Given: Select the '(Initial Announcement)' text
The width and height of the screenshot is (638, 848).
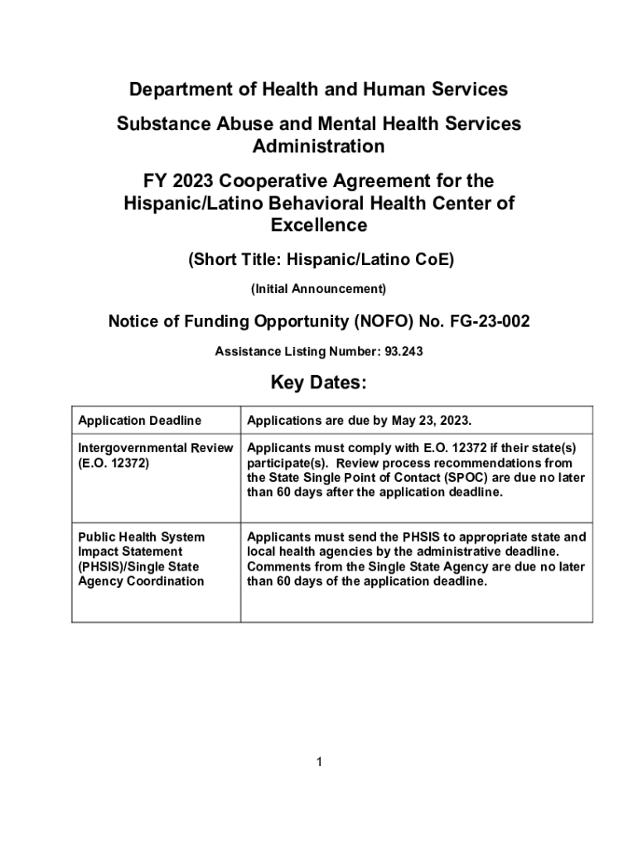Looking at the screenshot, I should [319, 290].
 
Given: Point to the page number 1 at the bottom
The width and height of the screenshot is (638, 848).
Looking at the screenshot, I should [318, 762].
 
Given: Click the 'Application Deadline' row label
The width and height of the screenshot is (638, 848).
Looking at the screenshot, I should [139, 421].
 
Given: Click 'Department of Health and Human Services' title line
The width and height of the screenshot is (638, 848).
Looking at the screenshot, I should [319, 89].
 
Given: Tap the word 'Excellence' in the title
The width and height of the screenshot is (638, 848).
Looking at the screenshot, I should [319, 225].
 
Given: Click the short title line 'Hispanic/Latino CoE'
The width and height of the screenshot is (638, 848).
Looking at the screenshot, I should [319, 260].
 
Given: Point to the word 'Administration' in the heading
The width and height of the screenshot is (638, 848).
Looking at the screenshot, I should [319, 147].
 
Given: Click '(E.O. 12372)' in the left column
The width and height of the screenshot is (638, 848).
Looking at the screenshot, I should [114, 463].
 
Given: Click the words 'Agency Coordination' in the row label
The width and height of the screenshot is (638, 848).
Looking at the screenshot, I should [141, 581].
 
